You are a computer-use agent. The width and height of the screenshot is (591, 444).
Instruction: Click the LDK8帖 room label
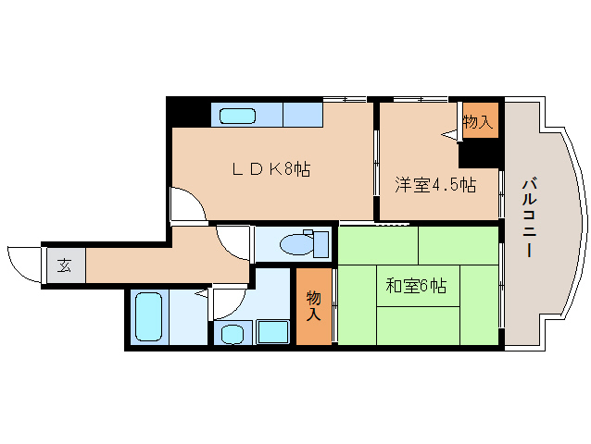point(271,169)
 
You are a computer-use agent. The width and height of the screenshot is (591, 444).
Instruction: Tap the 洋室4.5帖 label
point(435,185)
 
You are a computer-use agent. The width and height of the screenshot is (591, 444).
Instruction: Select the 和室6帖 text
point(416,286)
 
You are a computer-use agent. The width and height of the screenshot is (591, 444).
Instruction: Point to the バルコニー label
point(529,218)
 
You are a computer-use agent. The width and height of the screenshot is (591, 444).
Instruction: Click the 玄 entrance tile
point(64,265)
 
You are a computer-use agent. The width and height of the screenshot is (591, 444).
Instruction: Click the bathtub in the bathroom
point(149,316)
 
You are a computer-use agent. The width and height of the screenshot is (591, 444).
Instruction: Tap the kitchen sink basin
point(237,116)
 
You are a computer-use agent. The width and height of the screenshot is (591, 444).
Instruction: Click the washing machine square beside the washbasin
point(273,331)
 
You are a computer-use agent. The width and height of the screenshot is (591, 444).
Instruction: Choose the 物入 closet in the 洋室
point(478,121)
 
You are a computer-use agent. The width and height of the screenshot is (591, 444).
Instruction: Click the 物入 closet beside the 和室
point(314,306)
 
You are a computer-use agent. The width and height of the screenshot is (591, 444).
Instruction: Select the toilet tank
point(321,244)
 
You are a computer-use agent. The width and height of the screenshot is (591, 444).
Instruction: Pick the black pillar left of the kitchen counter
point(188,112)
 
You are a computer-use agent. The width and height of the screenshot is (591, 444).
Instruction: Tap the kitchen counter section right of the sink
point(303,115)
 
